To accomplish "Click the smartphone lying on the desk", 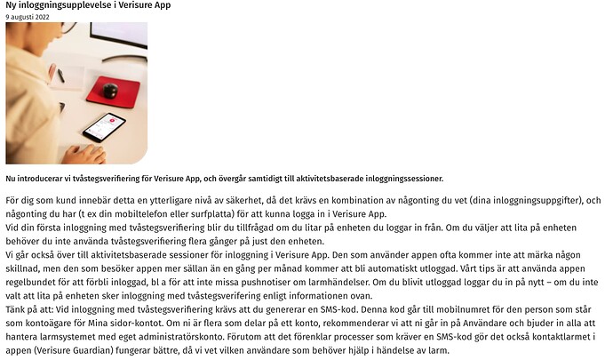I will click(105, 126).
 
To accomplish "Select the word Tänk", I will click(17, 309).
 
